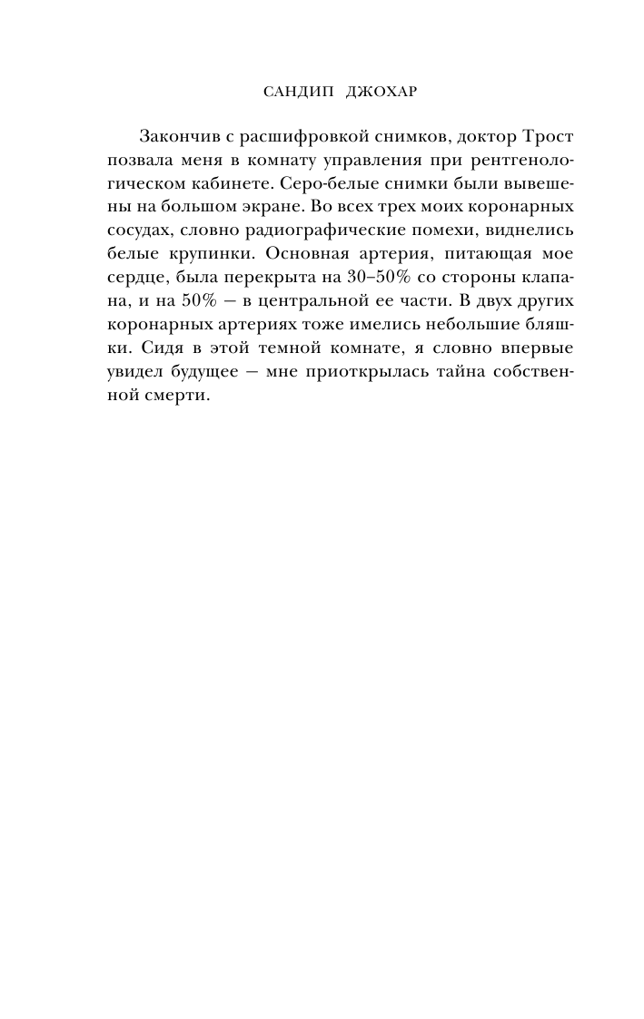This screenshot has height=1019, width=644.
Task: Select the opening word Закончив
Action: tap(179, 136)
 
